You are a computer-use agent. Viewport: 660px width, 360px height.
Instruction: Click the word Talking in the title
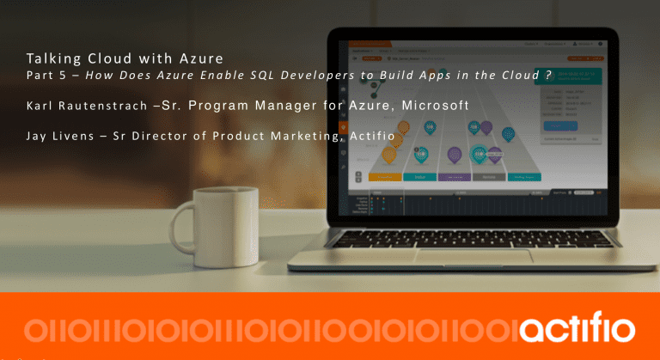[x=50, y=59]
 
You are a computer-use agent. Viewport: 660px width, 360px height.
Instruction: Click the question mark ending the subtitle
[x=547, y=76]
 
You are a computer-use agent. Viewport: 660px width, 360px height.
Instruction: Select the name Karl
[x=40, y=106]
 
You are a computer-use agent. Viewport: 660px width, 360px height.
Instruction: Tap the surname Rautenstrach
[x=102, y=106]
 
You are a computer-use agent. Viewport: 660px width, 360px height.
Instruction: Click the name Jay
[x=37, y=134]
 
